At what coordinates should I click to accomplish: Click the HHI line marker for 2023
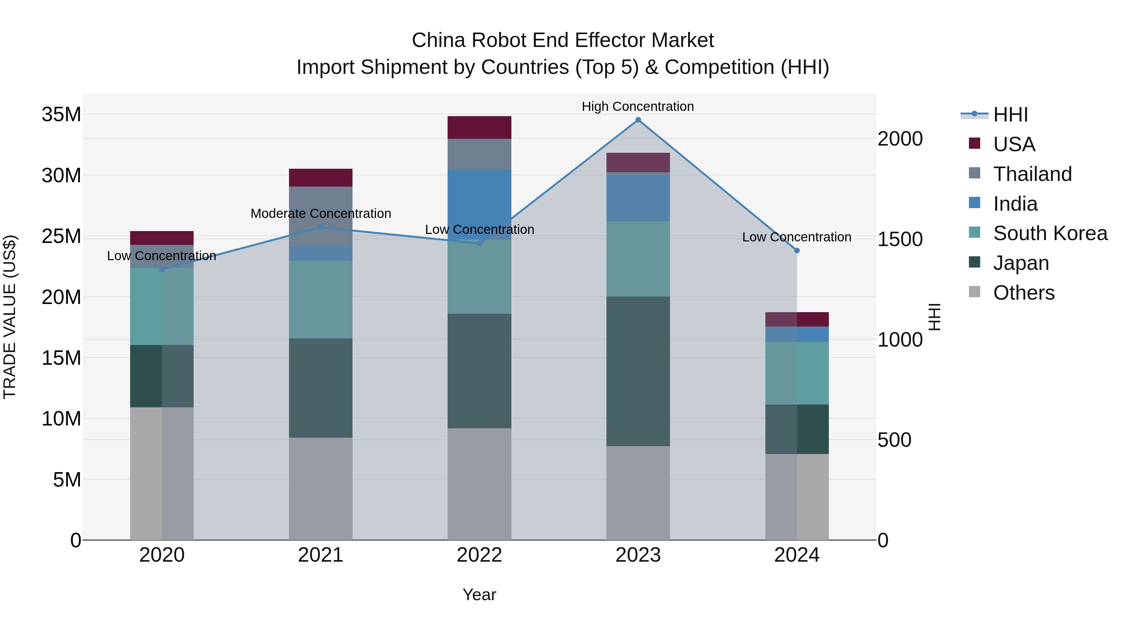coord(638,120)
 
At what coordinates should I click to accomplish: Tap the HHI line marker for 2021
coord(321,227)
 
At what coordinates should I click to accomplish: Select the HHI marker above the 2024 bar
coord(797,251)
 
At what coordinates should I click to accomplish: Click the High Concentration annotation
coord(638,106)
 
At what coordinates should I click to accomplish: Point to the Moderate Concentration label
coord(321,214)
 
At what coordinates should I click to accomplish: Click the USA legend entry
coord(1014,144)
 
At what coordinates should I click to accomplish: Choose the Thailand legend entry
coord(1032,174)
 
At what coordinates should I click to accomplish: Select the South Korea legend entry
coord(1050,233)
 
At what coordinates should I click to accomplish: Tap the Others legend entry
coord(1024,293)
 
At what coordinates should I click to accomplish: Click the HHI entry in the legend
coord(1010,115)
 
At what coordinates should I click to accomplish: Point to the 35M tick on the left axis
coord(61,115)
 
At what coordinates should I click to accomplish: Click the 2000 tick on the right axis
coord(900,139)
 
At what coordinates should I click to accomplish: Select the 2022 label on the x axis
coord(479,555)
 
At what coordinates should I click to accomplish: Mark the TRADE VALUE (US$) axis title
coord(10,317)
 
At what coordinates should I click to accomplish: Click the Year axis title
coord(479,595)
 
